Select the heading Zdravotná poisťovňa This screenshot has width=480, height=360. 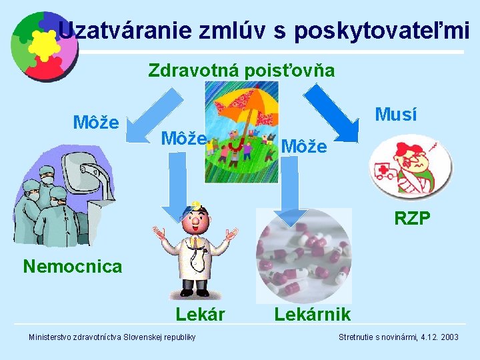point(241,70)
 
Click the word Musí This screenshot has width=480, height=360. point(396,115)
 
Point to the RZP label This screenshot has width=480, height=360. point(412,219)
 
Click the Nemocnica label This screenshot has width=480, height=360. point(73,267)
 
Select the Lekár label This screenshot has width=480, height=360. point(201,314)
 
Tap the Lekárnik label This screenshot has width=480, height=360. point(312,314)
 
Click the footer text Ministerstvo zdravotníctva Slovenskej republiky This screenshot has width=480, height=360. point(111,337)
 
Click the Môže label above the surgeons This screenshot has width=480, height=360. point(95,123)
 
